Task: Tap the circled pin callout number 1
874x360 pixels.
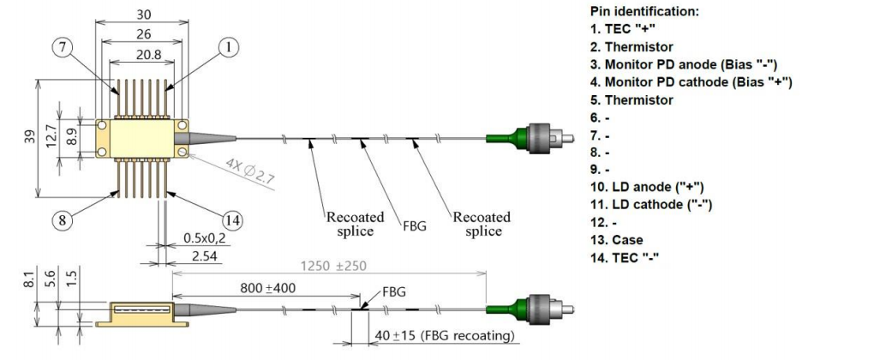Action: pos(227,49)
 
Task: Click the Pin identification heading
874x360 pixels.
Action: pos(644,12)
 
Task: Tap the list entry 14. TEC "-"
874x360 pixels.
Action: pos(629,256)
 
